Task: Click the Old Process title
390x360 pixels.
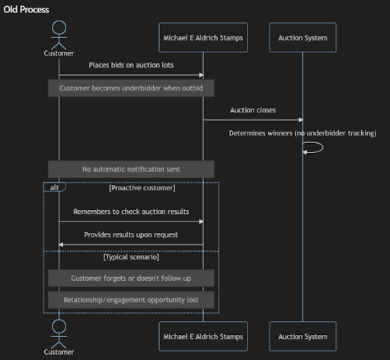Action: (26, 10)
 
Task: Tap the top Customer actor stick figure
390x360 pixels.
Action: (59, 35)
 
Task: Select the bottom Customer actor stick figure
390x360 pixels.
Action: (59, 334)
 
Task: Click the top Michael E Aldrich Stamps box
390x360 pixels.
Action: (203, 37)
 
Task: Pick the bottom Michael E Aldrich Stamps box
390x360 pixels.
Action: (203, 336)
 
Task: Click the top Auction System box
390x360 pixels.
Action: (302, 37)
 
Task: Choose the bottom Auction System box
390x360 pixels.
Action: (302, 336)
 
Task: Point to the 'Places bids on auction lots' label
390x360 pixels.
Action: (131, 65)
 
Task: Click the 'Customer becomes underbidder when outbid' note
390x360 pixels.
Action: (131, 88)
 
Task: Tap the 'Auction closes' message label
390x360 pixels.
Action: (253, 110)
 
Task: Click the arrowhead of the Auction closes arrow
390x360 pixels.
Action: (301, 119)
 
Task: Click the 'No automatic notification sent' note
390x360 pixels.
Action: (131, 169)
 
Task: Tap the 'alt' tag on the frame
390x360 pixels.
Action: (55, 187)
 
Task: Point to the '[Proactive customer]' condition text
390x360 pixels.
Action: (142, 188)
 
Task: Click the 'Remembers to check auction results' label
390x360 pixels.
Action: (131, 212)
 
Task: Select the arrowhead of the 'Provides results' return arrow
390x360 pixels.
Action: (61, 244)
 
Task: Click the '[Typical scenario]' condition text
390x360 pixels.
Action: (131, 257)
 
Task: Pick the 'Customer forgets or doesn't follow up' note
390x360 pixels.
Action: (131, 278)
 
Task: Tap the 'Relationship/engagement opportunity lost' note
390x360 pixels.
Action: (131, 300)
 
